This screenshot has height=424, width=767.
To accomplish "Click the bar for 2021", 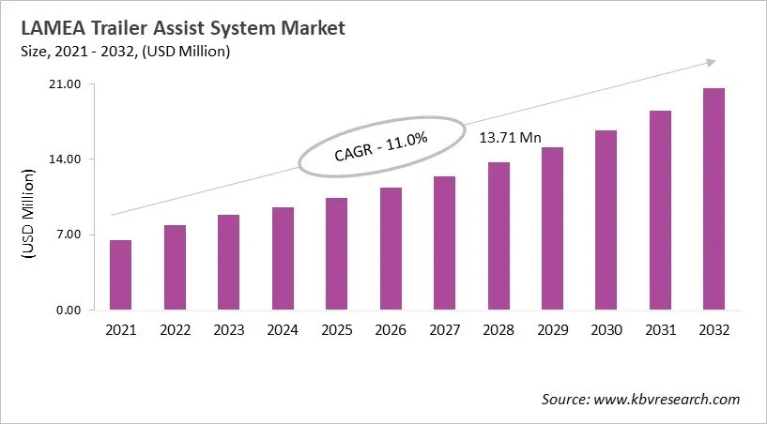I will point(120,275).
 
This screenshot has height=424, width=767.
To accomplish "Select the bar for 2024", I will point(283,258).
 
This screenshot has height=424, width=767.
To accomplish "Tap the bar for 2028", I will point(499,235).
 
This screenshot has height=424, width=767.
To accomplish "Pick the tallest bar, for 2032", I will point(713,199).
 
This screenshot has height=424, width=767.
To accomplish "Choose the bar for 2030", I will point(606,220).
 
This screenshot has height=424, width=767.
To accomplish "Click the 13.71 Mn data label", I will point(511,138).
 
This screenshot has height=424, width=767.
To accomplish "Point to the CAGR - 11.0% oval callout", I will point(380,147).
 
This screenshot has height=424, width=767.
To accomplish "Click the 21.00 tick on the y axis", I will point(69,84).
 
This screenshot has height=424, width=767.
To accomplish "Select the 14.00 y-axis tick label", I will point(69,159).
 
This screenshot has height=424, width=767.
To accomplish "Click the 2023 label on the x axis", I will point(228,330).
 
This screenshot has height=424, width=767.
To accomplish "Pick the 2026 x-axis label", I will point(391,330).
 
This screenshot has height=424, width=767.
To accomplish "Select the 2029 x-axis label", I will point(552,330).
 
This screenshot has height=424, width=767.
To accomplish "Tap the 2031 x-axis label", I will point(660,330).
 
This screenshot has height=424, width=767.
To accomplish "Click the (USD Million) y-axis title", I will point(27,212).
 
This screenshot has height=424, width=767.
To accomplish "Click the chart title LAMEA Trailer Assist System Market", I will point(176,29).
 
